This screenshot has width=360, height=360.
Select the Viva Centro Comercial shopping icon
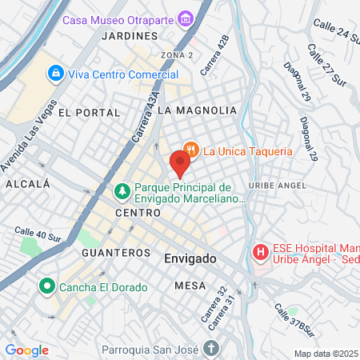[x=55, y=74]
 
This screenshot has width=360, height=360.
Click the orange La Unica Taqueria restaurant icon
[x=190, y=150]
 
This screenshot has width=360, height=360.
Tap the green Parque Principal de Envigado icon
[x=122, y=192]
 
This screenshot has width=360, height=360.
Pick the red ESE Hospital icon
[x=260, y=253]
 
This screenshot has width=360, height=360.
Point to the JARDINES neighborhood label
[x=130, y=37]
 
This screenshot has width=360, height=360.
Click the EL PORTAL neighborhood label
[x=82, y=113]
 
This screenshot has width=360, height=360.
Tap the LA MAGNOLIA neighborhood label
[x=197, y=110]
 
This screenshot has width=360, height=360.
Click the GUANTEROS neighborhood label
[x=116, y=252]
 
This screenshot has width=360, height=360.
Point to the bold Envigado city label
[x=190, y=260]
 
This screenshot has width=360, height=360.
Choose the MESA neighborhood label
[x=190, y=286]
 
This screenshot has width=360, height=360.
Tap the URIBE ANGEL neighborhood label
[x=278, y=185]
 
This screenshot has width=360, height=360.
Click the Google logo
[x=26, y=350]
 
